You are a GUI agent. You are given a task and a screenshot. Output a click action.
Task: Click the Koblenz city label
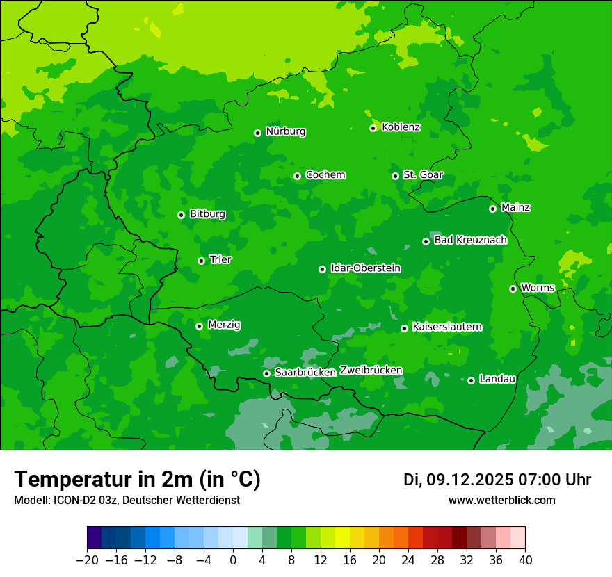point(401,127)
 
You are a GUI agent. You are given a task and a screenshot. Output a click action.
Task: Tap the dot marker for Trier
point(201,261)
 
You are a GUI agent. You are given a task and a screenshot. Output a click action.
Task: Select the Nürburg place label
point(285,131)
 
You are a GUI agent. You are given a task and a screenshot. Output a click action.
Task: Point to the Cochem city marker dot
point(297,176)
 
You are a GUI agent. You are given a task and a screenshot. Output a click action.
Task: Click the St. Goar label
point(423,175)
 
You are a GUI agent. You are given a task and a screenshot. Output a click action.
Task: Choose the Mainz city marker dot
point(492,209)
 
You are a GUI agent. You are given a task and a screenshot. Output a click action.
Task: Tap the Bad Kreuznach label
point(470,240)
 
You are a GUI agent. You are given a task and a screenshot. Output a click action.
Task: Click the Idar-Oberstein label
point(366,268)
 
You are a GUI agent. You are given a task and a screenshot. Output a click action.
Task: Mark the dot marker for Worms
point(513,288)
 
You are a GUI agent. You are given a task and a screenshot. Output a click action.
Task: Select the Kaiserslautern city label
point(447,327)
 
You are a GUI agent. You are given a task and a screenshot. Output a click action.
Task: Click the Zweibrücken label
point(371,371)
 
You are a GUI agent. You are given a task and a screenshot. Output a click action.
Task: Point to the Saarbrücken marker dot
point(266,373)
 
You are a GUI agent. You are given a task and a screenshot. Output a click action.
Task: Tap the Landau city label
point(497,379)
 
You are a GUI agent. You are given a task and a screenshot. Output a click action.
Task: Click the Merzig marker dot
point(199,326)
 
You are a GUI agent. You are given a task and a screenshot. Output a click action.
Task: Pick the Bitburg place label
point(207,214)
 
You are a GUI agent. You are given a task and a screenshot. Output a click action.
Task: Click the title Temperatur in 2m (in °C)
point(137,479)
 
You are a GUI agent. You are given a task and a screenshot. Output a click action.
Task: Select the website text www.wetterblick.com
point(501,500)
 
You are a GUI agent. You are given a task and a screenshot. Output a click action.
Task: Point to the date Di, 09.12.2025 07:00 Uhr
point(497,480)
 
